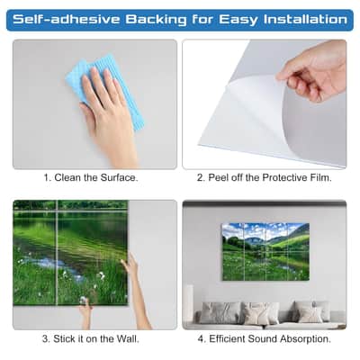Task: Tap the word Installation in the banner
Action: (305, 20)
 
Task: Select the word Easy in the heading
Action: (238, 21)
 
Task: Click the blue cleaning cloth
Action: (105, 90)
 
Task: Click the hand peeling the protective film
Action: (313, 72)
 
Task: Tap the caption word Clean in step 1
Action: (68, 177)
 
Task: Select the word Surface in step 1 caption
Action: (119, 177)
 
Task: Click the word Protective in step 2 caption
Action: (284, 177)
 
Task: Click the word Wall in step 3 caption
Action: (128, 339)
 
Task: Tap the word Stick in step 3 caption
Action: (64, 339)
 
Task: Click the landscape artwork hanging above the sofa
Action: (265, 252)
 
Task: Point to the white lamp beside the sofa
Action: (190, 303)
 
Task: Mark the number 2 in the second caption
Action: (200, 177)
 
